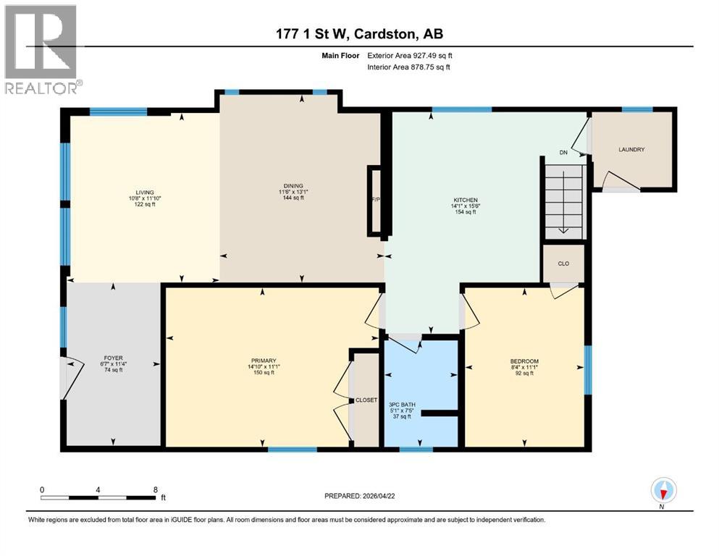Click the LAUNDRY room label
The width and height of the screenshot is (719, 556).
[x=631, y=150]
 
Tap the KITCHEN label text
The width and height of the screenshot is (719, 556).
[x=466, y=199]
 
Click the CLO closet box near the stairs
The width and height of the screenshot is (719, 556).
[x=563, y=264]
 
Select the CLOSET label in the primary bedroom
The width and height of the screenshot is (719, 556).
[x=366, y=400]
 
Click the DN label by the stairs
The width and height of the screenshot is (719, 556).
[x=563, y=153]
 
